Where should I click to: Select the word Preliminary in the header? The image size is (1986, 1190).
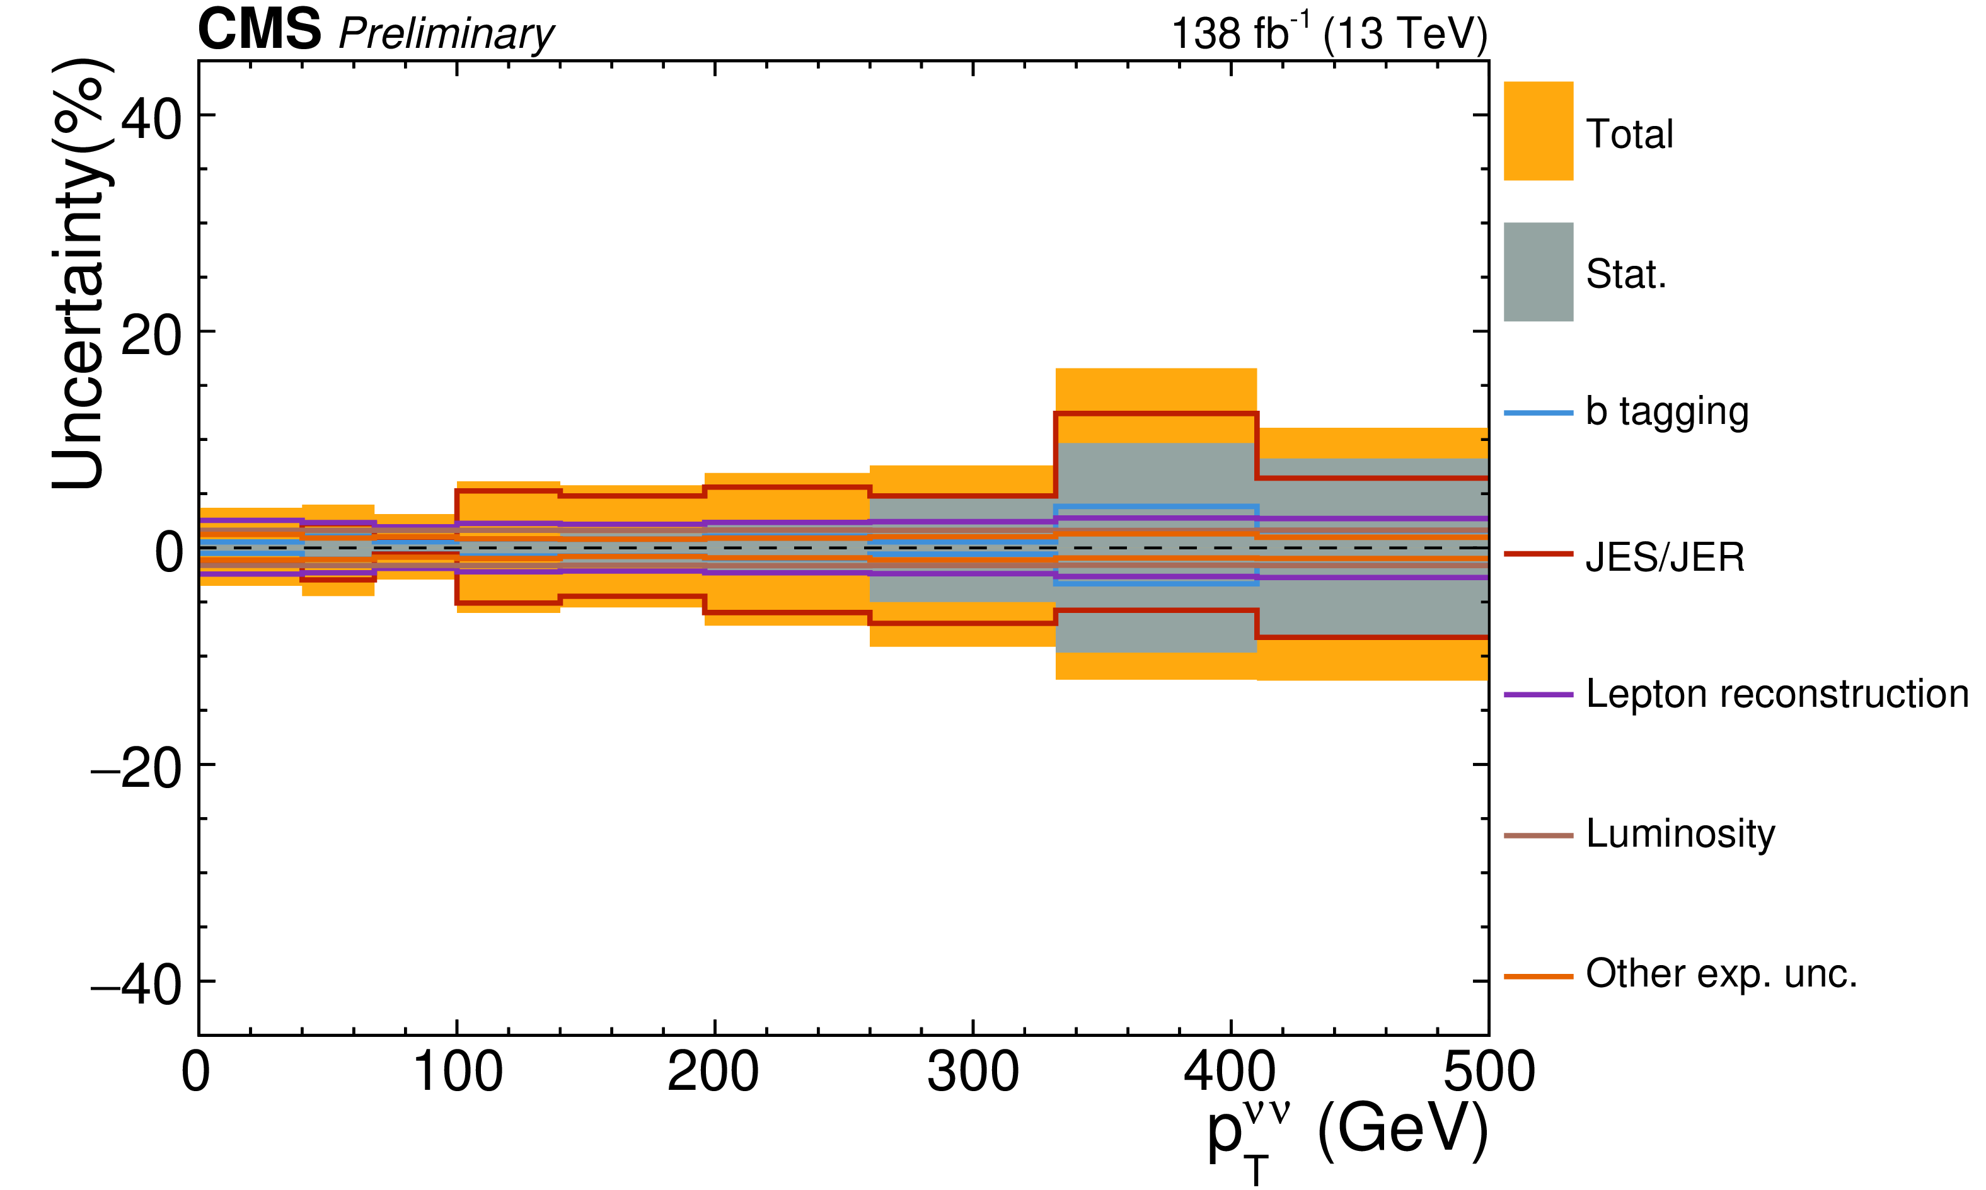[x=446, y=35]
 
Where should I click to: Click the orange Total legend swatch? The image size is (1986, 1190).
[x=1538, y=130]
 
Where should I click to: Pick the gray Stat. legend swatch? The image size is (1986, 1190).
[x=1538, y=272]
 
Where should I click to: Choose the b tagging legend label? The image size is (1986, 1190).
[x=1666, y=412]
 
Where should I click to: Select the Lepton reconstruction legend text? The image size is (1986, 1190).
[x=1777, y=694]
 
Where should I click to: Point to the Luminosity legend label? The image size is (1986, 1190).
[x=1680, y=834]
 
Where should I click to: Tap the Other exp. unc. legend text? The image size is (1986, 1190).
[x=1721, y=973]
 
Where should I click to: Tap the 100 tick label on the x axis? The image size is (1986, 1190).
[x=457, y=1072]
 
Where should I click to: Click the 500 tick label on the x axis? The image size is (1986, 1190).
[x=1489, y=1072]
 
